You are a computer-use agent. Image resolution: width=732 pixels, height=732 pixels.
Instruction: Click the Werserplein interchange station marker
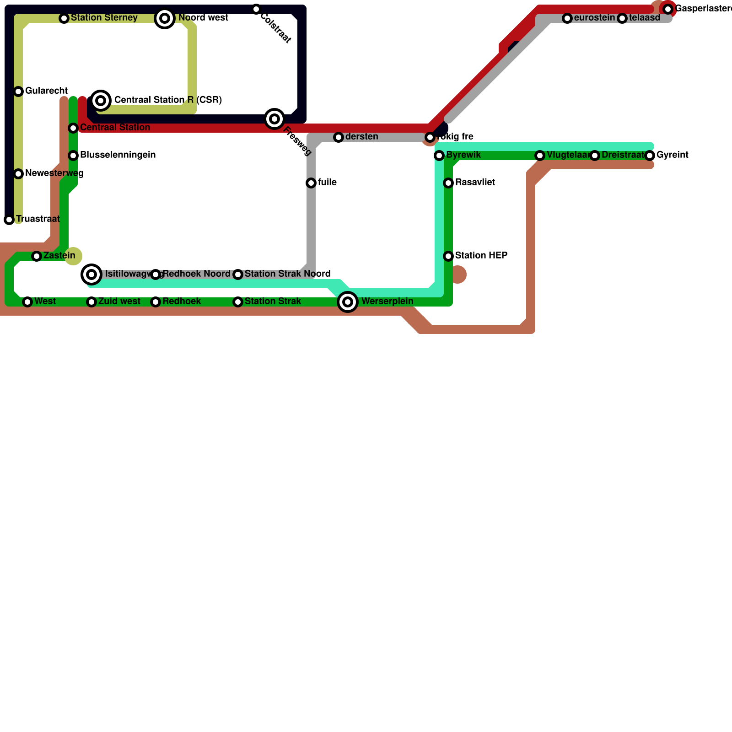[x=348, y=302]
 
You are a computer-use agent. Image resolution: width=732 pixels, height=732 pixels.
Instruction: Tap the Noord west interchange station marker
[x=165, y=18]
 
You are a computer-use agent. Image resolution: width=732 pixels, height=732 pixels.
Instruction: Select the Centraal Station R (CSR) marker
[x=101, y=100]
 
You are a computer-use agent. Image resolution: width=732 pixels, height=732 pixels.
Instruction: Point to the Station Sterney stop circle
[x=64, y=18]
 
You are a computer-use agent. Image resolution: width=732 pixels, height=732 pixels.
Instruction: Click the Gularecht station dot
[x=18, y=91]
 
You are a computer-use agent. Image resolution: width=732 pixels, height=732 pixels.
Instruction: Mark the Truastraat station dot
[x=9, y=220]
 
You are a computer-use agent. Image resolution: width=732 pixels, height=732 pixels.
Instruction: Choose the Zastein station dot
[x=37, y=256]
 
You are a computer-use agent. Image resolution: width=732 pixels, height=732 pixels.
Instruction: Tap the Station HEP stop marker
[x=448, y=256]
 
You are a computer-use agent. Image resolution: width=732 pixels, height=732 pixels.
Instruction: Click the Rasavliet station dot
[x=448, y=183]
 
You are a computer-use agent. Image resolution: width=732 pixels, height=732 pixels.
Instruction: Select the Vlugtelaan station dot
[x=540, y=156]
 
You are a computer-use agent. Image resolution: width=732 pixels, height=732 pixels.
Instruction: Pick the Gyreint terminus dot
[x=650, y=156]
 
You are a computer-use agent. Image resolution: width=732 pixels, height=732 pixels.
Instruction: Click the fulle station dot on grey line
[x=311, y=183]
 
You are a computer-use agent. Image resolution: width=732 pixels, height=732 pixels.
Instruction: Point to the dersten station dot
[x=338, y=137]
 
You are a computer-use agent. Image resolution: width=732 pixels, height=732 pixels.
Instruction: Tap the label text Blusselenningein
[x=118, y=155]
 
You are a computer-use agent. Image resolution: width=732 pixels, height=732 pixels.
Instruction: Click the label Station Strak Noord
[x=287, y=274]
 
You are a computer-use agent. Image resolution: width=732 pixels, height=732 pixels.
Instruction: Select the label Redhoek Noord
[x=196, y=274]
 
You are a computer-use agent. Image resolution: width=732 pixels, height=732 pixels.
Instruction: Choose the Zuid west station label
[x=119, y=301]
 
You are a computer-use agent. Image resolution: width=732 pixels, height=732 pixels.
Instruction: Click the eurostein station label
[x=594, y=18]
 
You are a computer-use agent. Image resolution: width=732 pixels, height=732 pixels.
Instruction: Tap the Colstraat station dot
[x=256, y=9]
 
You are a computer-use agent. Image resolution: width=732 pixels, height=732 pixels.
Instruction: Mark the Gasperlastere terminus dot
[x=668, y=9]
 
